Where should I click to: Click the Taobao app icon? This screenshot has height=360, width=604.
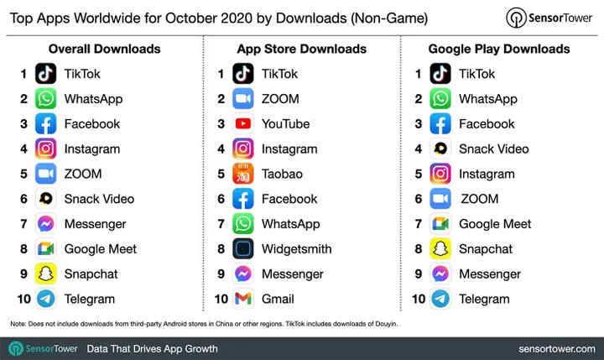tap(244, 174)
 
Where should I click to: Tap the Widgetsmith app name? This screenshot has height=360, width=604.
tap(296, 248)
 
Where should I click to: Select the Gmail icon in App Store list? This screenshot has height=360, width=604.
tap(244, 299)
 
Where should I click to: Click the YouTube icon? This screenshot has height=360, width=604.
tap(244, 123)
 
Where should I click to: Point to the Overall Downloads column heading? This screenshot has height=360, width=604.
tap(104, 49)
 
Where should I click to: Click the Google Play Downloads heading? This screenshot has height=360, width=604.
tap(499, 49)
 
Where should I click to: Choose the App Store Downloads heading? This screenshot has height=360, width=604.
tap(301, 49)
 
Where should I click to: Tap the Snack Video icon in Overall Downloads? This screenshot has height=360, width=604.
tap(46, 199)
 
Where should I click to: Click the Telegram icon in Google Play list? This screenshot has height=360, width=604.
tap(441, 299)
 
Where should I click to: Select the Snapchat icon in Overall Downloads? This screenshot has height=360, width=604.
tap(46, 274)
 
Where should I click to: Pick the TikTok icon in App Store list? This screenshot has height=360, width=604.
tap(244, 74)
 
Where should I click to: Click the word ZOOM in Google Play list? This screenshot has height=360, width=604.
tap(479, 199)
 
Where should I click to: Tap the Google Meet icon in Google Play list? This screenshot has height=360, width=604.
tap(441, 224)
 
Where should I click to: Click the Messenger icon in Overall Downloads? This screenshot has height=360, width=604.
tap(46, 224)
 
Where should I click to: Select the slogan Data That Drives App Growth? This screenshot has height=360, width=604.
tap(153, 348)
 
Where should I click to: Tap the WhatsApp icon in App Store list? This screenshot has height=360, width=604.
tap(244, 224)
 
